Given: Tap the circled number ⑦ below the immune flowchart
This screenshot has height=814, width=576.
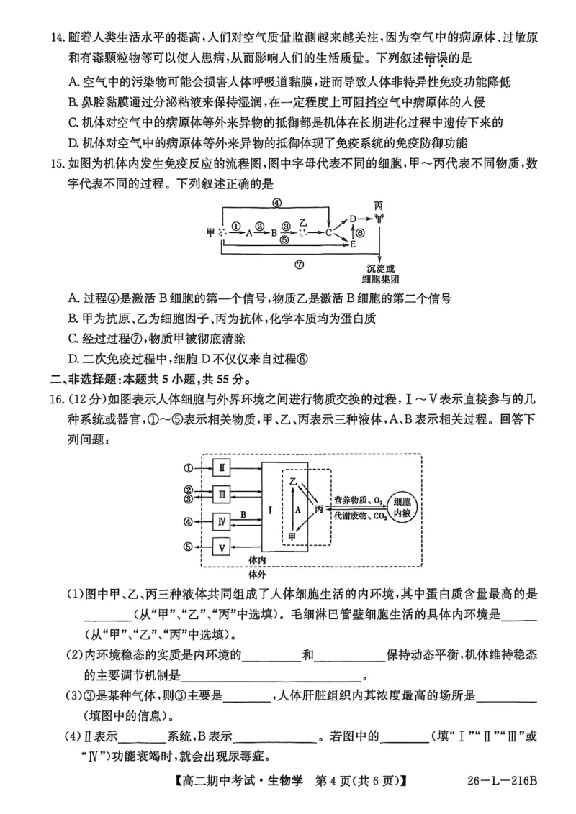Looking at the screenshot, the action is coord(299,264).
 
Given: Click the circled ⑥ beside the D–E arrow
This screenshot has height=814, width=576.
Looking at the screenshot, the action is coord(361,232).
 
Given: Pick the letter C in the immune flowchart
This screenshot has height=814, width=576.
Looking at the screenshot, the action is coord(328,232).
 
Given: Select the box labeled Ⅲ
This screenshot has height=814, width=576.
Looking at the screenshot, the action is coord(223,494).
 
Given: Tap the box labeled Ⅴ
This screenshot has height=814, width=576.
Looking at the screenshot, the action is coord(223,547).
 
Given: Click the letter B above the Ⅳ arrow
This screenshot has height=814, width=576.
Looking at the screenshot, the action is coord(244,514).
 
